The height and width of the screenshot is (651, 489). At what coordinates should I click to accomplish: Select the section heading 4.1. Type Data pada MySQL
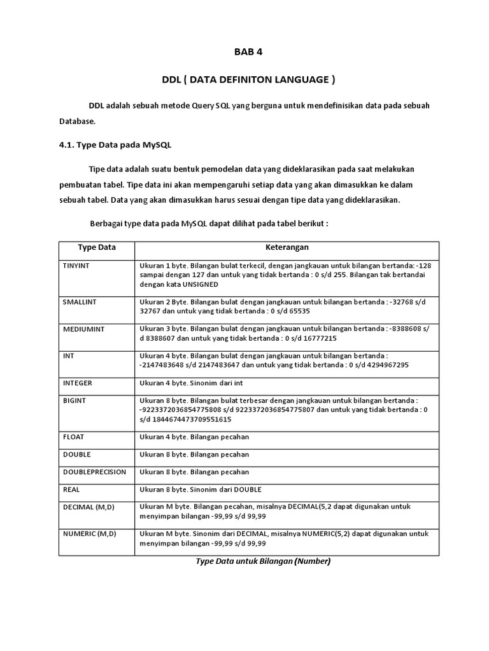tap(111, 145)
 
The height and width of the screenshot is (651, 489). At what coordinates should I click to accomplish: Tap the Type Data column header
tap(97, 247)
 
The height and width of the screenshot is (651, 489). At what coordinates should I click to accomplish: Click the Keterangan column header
tap(287, 247)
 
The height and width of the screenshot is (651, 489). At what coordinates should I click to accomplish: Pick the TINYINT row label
tap(76, 265)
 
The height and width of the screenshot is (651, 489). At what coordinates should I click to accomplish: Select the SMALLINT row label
tap(80, 302)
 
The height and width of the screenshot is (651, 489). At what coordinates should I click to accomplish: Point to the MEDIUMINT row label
tap(83, 329)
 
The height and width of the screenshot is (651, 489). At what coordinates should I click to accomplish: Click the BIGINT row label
tap(74, 401)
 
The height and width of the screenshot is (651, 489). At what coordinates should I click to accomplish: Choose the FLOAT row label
tap(73, 437)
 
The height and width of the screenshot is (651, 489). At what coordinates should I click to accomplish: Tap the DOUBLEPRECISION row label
tap(94, 472)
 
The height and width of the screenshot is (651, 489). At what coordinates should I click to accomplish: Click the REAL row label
tap(71, 490)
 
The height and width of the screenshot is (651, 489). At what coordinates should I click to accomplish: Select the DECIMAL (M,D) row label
tap(89, 507)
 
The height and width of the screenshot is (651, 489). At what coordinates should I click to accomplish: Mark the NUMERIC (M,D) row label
tap(89, 533)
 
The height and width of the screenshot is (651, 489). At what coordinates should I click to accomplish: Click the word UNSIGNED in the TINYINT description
tap(199, 284)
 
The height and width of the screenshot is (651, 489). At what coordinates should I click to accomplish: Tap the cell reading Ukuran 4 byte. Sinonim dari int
tap(192, 383)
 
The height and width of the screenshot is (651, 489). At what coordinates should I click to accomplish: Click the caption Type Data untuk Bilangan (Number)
tap(263, 561)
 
